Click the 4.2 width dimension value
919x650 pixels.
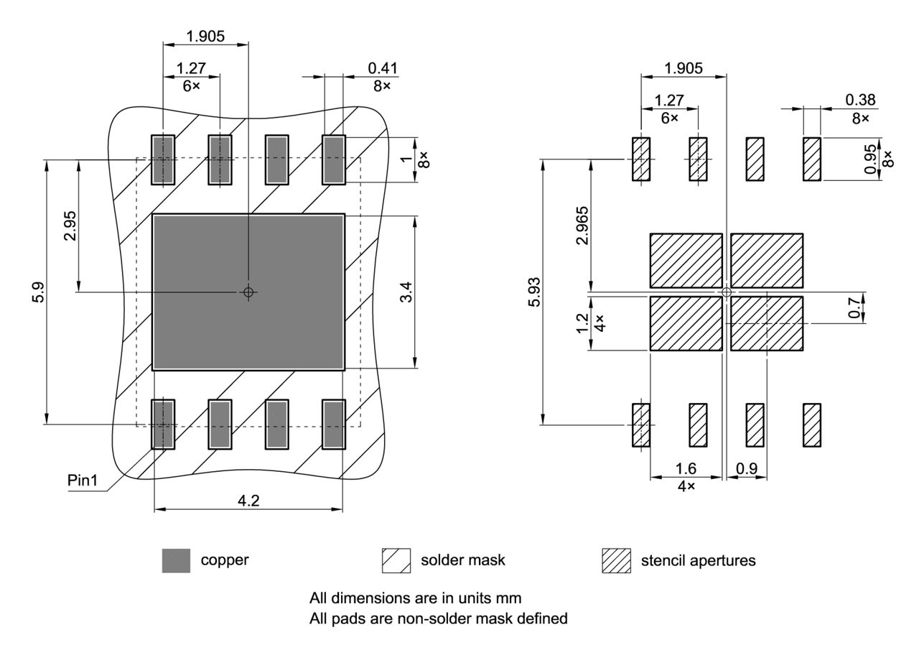248,501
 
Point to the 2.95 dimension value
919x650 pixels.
70,228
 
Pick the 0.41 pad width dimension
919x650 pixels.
383,68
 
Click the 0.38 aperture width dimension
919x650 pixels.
860,101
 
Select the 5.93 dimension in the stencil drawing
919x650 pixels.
533,292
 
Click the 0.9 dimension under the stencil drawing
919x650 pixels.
747,469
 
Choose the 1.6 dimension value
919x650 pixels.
686,469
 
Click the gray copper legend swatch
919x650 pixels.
176,560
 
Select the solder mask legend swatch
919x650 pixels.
396,560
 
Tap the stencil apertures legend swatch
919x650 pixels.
616,560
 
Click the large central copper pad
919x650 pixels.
248,323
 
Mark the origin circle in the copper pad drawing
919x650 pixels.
248,292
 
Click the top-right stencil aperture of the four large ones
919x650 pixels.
766,260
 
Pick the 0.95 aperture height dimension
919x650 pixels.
870,159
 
